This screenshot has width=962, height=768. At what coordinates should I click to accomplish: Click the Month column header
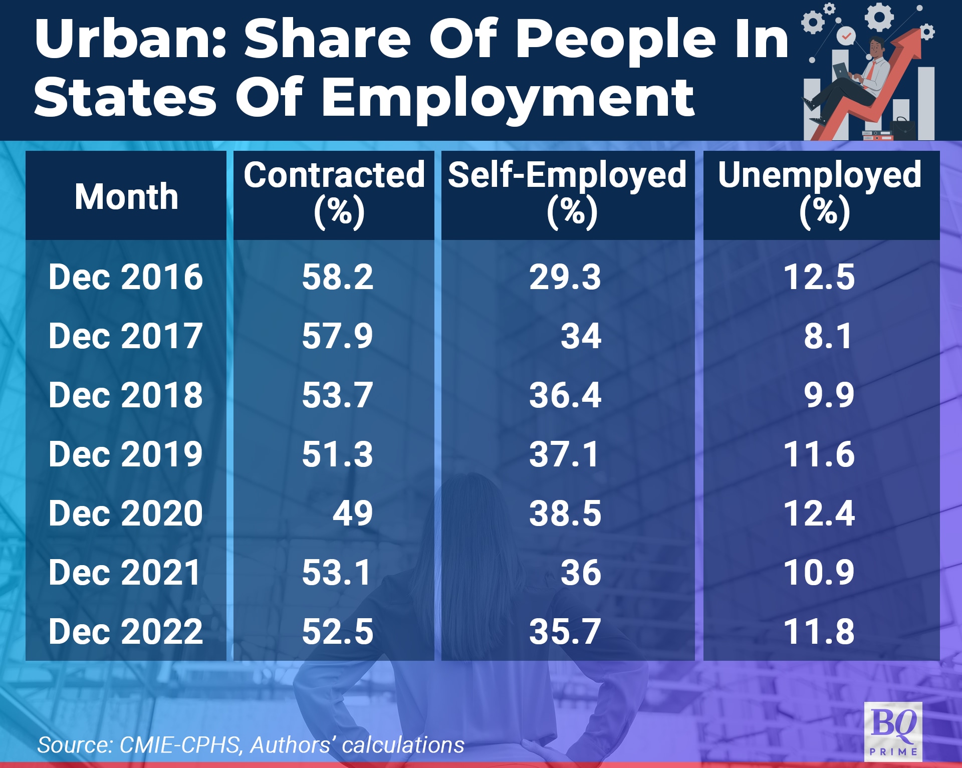coord(126,196)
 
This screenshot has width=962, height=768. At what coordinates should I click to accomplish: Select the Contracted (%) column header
coord(334,194)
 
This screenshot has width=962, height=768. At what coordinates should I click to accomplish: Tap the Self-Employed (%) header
coord(567,194)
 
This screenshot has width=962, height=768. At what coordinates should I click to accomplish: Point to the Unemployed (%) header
coord(820,194)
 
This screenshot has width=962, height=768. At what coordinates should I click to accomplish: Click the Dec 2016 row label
coord(126,277)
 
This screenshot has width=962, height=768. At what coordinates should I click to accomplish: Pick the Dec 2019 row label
coord(126,454)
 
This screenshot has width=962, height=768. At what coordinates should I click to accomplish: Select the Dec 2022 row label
coord(126,631)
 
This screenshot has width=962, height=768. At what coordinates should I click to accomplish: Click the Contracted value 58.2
coord(337,277)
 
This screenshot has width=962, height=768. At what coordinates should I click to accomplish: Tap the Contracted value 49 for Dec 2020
coord(353,514)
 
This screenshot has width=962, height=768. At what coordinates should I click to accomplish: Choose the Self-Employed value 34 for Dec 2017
coord(581,336)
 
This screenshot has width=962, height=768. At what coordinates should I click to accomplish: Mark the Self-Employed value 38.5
coord(565,514)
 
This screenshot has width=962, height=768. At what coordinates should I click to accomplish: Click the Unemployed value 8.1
coord(828,336)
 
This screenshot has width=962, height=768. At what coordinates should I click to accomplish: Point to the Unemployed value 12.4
coord(819,514)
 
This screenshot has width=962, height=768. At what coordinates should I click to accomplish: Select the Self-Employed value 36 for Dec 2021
coord(581,573)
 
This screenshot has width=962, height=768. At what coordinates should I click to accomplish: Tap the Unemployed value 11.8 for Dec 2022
coord(819,631)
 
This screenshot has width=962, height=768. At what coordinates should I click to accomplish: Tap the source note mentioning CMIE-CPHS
coord(251,745)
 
